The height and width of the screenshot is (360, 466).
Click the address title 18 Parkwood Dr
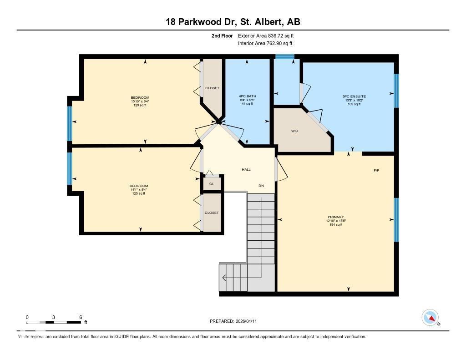233,22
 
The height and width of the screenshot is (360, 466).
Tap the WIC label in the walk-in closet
294,131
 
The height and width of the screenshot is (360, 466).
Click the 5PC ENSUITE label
354,96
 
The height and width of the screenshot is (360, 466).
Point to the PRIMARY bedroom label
335,217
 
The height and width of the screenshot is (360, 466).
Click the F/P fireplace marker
376,171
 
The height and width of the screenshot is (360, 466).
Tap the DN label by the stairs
261,185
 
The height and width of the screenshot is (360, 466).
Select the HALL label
246,170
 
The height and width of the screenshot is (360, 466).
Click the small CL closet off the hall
212,184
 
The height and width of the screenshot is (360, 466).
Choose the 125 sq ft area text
138,193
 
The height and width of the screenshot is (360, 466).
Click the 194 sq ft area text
335,224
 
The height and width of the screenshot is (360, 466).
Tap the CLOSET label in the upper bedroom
212,88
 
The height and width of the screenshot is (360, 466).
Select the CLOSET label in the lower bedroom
212,213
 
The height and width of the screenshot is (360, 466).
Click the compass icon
430,317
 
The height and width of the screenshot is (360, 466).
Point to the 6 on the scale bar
81,317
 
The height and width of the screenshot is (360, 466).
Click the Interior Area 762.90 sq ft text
265,43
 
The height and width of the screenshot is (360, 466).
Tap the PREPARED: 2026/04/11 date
236,321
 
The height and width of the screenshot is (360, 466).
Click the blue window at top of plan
285,57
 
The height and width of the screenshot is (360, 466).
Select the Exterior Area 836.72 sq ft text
269,35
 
